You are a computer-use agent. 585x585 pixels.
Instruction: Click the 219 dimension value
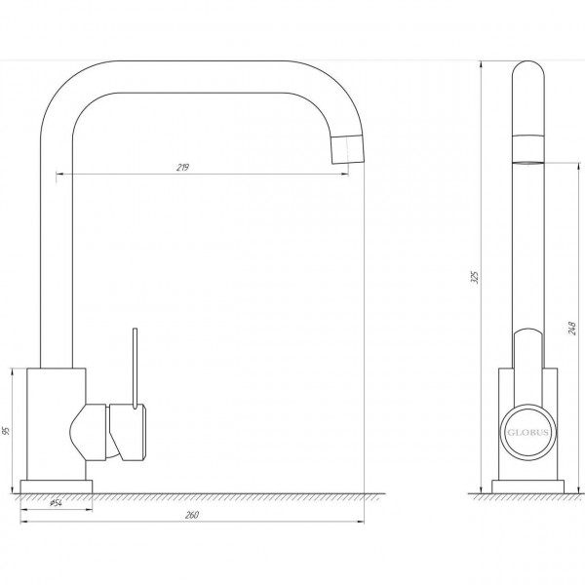(x=182, y=168)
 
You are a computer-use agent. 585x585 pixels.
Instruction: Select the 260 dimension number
(x=192, y=515)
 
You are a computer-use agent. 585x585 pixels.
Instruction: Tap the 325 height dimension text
(x=475, y=277)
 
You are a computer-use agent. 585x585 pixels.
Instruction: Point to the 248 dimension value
(x=572, y=328)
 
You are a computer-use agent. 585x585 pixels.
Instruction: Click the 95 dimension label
(x=6, y=431)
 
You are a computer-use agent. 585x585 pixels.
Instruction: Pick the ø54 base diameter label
(x=56, y=503)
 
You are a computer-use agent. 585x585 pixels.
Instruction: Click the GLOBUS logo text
(x=527, y=432)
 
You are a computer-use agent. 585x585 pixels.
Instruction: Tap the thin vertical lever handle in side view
(x=136, y=368)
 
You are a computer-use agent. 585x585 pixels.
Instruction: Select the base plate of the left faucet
(x=57, y=487)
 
